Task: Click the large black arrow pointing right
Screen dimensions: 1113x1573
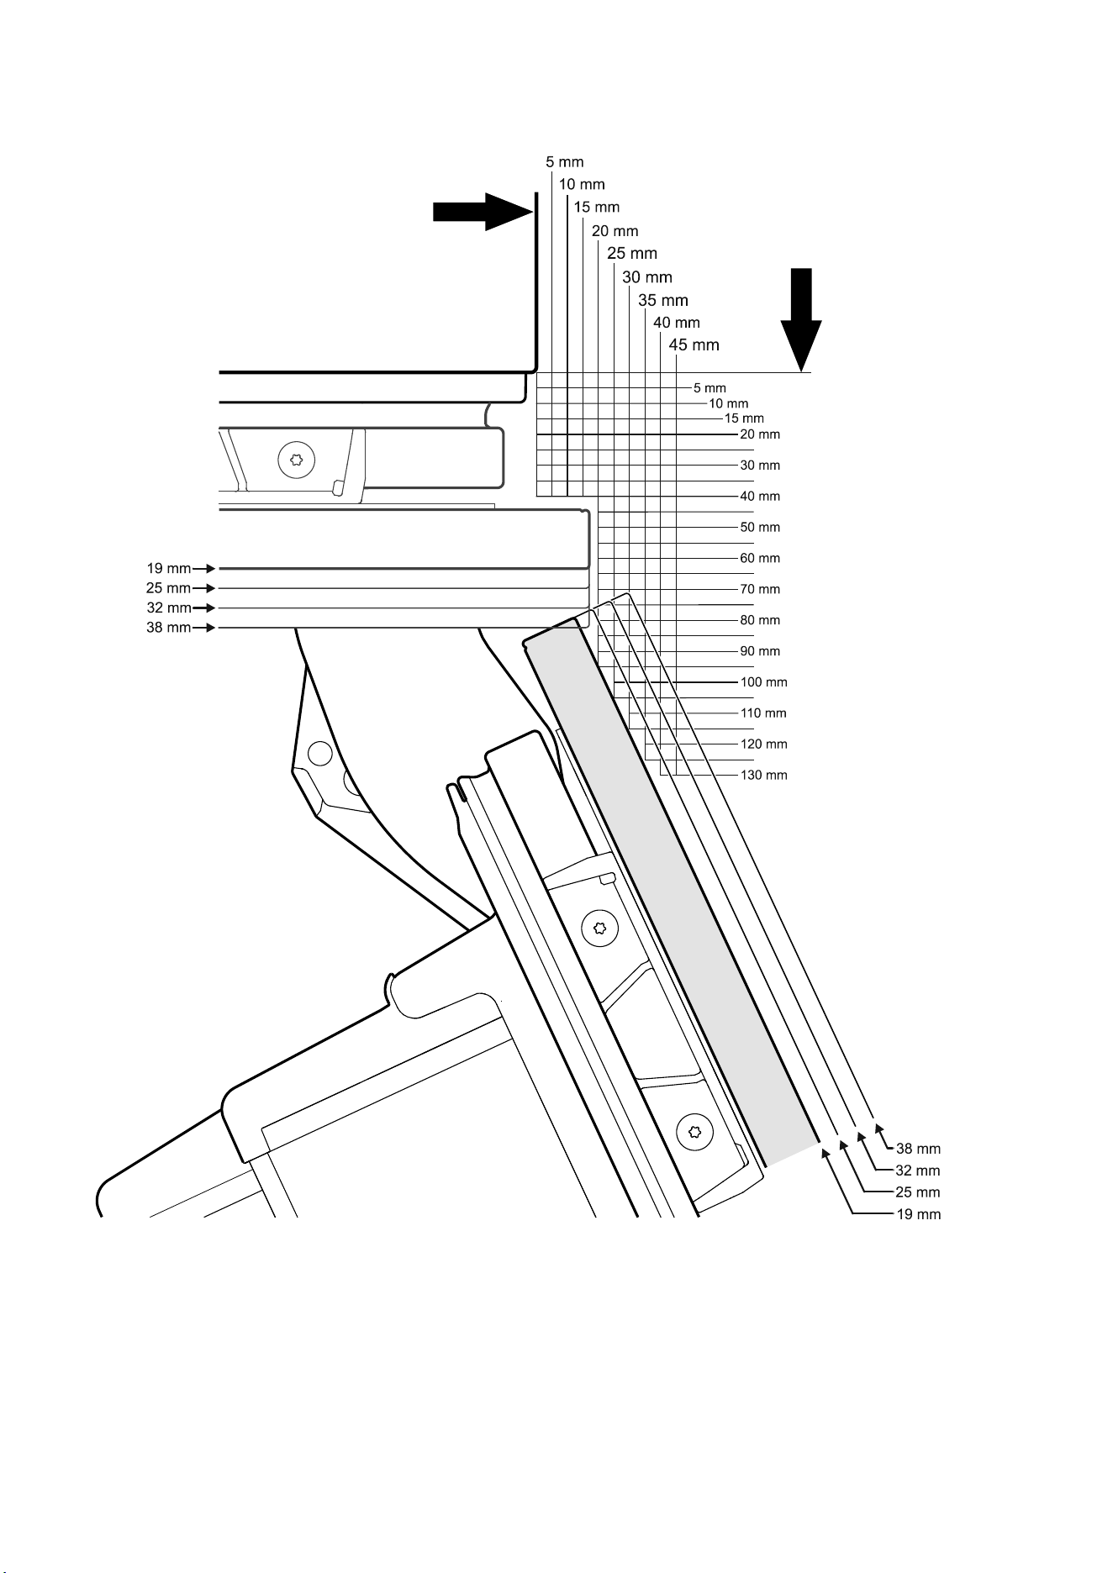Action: coord(483,212)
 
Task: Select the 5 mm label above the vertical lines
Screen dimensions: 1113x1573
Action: coord(564,161)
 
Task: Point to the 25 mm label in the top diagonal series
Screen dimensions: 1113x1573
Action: coord(632,253)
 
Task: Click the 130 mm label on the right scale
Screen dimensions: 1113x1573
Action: coord(763,775)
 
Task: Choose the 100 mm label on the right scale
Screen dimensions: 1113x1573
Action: coord(763,682)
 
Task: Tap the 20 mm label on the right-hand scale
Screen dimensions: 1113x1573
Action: coord(760,434)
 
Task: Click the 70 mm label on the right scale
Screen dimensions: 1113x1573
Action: coord(760,589)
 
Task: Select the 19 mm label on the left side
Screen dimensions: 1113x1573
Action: coord(169,569)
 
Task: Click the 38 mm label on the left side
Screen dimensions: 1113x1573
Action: coord(169,628)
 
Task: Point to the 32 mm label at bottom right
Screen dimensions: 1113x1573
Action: coord(918,1171)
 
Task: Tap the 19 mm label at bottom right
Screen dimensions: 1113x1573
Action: coord(918,1214)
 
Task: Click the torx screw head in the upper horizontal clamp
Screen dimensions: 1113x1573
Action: coord(296,460)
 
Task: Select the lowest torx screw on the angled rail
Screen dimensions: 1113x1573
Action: coord(695,1134)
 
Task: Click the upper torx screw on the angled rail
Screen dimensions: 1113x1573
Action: coord(600,928)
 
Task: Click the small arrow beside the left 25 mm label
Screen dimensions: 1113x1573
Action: coord(204,588)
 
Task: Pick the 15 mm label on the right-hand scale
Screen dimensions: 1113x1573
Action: coord(744,418)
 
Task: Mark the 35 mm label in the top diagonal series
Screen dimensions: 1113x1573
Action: coord(663,300)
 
